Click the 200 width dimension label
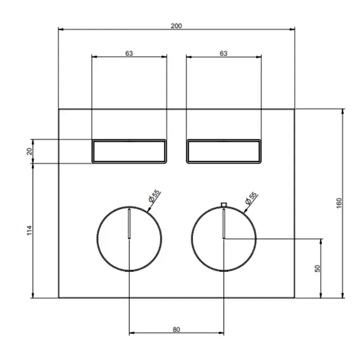click(176, 26)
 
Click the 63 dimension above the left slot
click(129, 53)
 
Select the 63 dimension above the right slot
click(224, 53)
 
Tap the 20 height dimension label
click(30, 151)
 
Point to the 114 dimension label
click(30, 230)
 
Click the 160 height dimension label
click(339, 203)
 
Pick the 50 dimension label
click(317, 268)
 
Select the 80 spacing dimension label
click(176, 330)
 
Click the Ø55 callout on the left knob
click(154, 196)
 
